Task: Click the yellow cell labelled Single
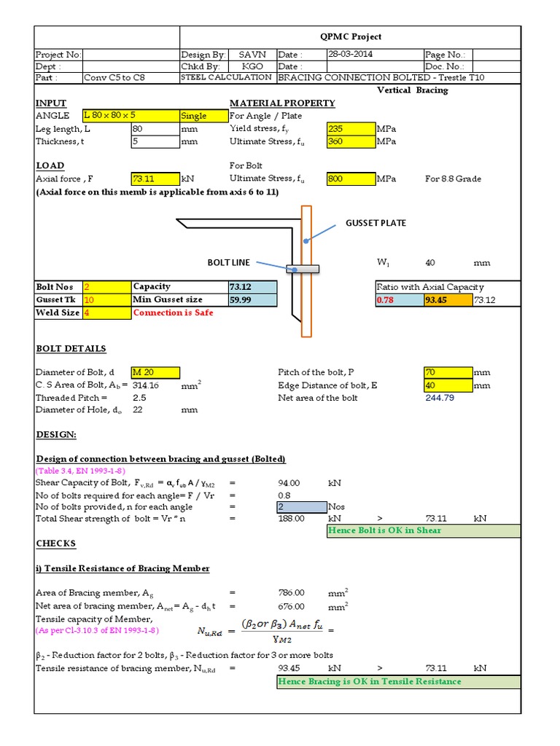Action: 203,115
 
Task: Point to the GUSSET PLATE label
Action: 376,223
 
